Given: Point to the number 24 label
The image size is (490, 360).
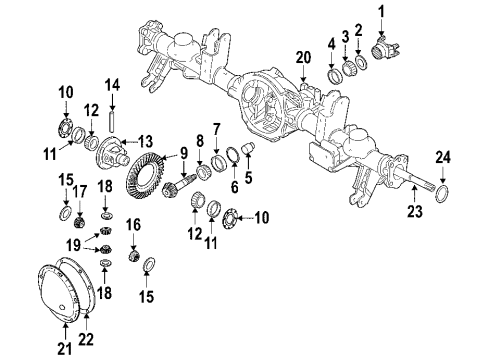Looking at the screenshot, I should (x=445, y=156).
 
